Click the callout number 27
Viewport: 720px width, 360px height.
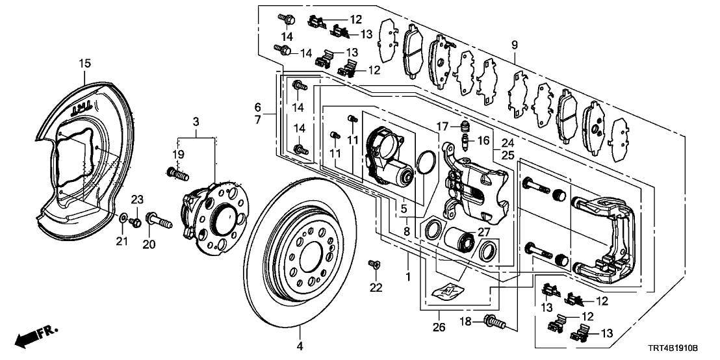pyautogui.click(x=482, y=231)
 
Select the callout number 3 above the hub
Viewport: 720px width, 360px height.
pyautogui.click(x=196, y=122)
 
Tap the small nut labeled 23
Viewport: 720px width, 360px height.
pyautogui.click(x=136, y=223)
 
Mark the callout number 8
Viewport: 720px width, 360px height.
pyautogui.click(x=405, y=230)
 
